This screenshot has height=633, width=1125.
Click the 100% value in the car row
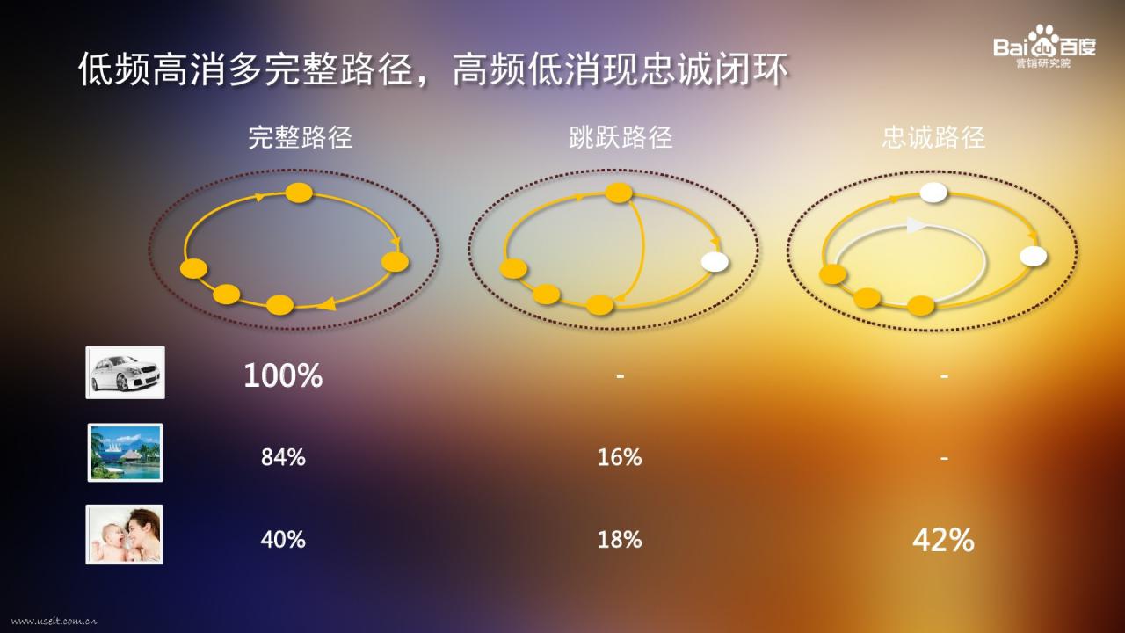point(283,375)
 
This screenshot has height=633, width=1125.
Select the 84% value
point(283,457)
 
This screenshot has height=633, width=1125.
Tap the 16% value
point(620,457)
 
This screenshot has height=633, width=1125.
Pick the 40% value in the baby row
point(283,540)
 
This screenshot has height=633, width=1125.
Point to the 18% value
point(620,540)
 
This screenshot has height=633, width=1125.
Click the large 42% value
point(943,540)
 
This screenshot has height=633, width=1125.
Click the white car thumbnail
point(125,372)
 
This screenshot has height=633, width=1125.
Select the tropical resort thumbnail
point(125,453)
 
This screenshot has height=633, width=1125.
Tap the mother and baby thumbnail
point(124,535)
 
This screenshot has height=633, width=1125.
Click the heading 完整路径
point(300,138)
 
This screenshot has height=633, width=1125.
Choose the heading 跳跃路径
point(621,138)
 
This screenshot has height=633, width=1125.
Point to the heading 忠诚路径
point(933,138)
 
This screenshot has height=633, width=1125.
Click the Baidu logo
point(1045,47)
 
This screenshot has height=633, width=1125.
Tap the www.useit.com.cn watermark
point(54,622)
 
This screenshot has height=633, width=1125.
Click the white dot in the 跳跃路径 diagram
point(715,262)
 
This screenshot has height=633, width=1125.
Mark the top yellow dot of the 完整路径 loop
point(299,193)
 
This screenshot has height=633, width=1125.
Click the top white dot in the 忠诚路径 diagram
point(933,193)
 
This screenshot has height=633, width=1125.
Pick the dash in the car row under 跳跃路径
point(621,375)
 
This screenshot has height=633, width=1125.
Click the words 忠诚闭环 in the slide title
point(715,69)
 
